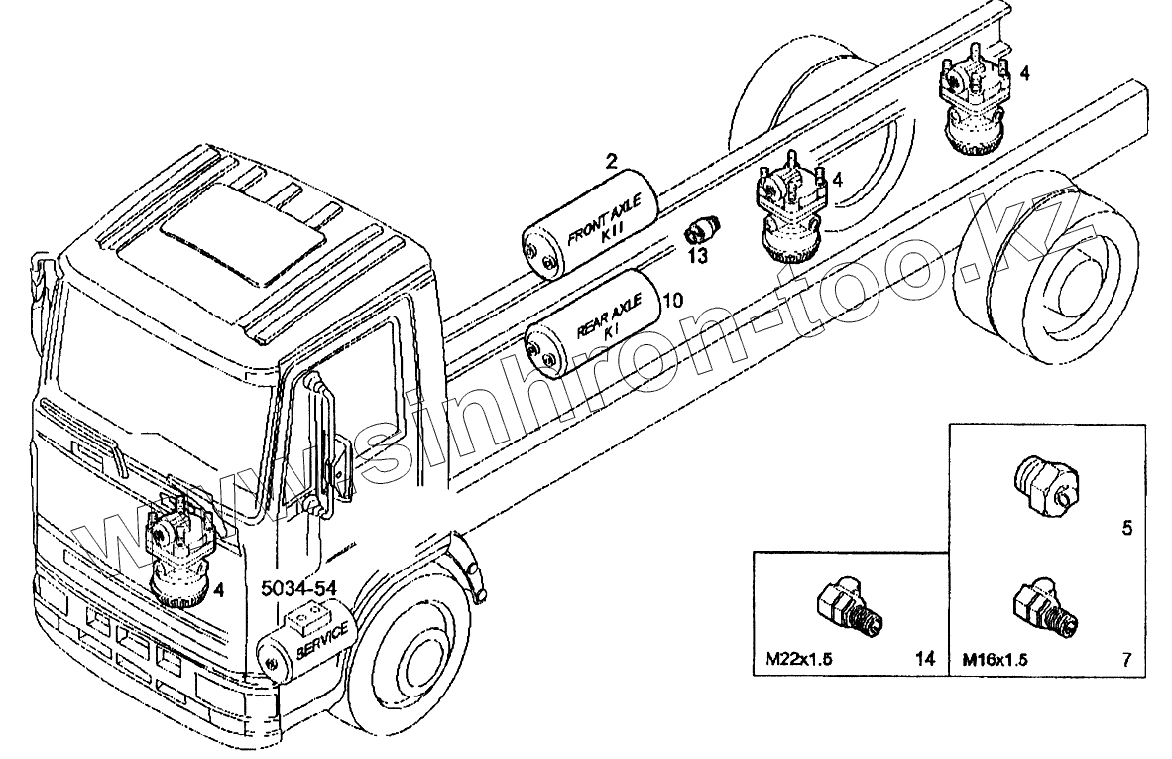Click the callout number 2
coord(612,159)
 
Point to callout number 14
coord(925,657)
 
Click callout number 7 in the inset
coord(1127,657)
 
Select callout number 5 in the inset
coord(1127,528)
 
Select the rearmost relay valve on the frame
coord(973,104)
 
